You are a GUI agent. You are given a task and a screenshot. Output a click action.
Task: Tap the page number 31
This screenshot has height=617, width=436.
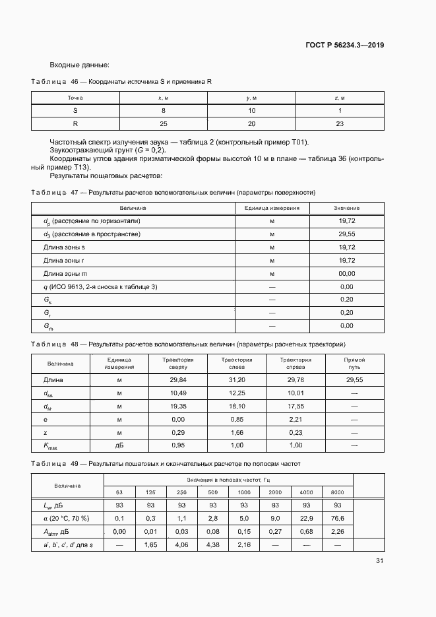[x=379, y=560]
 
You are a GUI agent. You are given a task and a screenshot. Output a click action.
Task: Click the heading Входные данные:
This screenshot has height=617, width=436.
[x=79, y=65]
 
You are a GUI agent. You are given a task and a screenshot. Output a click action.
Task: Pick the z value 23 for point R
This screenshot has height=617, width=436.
[x=340, y=124]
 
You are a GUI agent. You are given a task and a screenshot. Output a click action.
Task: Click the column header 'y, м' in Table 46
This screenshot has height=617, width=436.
[x=251, y=98]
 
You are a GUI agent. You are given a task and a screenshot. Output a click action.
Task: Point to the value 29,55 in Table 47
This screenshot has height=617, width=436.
[x=346, y=234]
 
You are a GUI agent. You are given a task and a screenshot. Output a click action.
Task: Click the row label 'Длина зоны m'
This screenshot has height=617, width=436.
[x=65, y=273]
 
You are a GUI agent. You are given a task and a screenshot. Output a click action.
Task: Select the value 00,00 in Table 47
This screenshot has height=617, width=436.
[x=346, y=273]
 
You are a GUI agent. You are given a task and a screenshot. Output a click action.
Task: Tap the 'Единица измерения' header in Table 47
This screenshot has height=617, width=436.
[x=272, y=208]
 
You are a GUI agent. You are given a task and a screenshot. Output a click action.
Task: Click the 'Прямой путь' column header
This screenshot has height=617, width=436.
[x=354, y=364]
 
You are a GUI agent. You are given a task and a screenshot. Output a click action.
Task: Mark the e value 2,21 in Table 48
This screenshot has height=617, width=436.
[x=295, y=419]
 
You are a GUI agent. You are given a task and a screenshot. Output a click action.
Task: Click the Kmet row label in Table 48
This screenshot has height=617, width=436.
[x=51, y=446]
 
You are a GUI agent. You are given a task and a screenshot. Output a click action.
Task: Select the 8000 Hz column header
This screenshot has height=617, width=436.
[x=337, y=492]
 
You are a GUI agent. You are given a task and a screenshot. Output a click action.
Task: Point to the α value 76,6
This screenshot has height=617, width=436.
[x=337, y=518]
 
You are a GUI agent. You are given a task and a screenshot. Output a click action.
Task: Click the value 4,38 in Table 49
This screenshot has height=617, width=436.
[x=212, y=544]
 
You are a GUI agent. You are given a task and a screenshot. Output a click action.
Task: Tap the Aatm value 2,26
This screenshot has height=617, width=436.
[x=337, y=531]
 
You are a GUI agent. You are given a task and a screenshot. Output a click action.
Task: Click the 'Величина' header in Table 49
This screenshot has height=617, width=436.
[x=67, y=485]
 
